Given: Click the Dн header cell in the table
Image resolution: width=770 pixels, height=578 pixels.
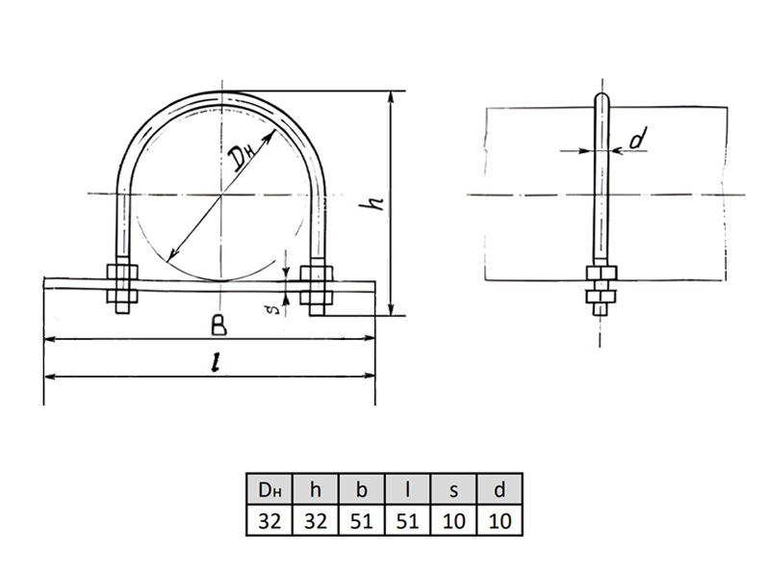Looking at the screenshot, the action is (269, 489).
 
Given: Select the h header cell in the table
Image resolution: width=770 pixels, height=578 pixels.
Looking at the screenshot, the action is (316, 489).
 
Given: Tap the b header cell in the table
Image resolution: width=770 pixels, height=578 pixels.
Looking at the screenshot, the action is (362, 489).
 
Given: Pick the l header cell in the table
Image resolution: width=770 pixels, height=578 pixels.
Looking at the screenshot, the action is (407, 489).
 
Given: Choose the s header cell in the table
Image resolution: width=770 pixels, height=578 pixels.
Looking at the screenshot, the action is (453, 489).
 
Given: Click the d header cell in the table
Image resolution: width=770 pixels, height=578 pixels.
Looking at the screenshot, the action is (500, 489).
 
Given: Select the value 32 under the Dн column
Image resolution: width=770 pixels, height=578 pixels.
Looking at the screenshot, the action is (269, 520).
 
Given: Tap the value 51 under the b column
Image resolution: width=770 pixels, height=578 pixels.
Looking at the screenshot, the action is (362, 520).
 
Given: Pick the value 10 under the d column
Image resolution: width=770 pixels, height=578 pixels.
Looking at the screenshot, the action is (500, 520).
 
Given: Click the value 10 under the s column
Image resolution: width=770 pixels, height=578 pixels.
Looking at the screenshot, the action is (453, 520).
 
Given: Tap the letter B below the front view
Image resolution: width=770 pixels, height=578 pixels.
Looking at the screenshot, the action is (219, 325).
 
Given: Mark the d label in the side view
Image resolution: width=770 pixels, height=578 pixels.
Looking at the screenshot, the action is (638, 138).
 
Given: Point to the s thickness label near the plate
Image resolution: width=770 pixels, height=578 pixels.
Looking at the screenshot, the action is (275, 309).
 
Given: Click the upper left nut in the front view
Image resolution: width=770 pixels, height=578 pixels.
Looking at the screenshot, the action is (122, 273).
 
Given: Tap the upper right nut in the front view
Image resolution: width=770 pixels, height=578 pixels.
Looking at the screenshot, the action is (317, 274).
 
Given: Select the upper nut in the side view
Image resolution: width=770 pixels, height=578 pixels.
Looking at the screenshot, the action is (601, 273).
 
